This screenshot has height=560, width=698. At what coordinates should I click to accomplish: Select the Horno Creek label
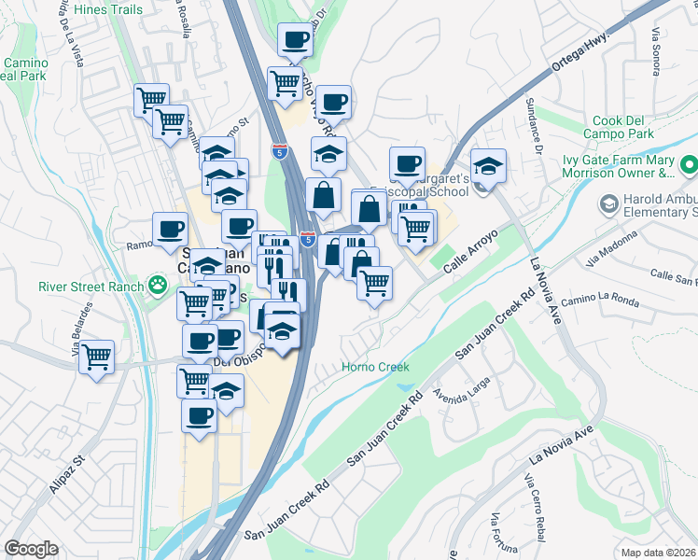(375, 367)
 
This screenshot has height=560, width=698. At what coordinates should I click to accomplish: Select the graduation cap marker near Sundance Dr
(488, 165)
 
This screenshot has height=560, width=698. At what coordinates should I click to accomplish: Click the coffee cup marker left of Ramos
(172, 229)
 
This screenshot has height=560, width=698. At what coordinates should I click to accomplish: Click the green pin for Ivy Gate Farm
(688, 165)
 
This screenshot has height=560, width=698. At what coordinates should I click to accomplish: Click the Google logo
(32, 549)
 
